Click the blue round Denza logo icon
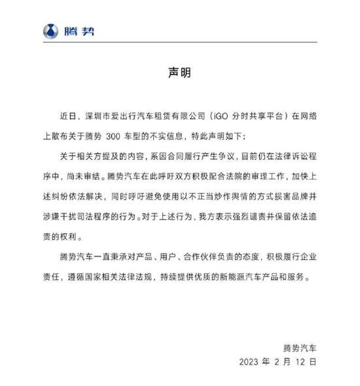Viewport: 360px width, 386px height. point(51,31)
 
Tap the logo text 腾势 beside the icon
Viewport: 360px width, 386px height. point(79,31)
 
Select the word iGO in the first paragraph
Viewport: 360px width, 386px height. point(223,117)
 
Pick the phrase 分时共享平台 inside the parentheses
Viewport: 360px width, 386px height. point(261,117)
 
